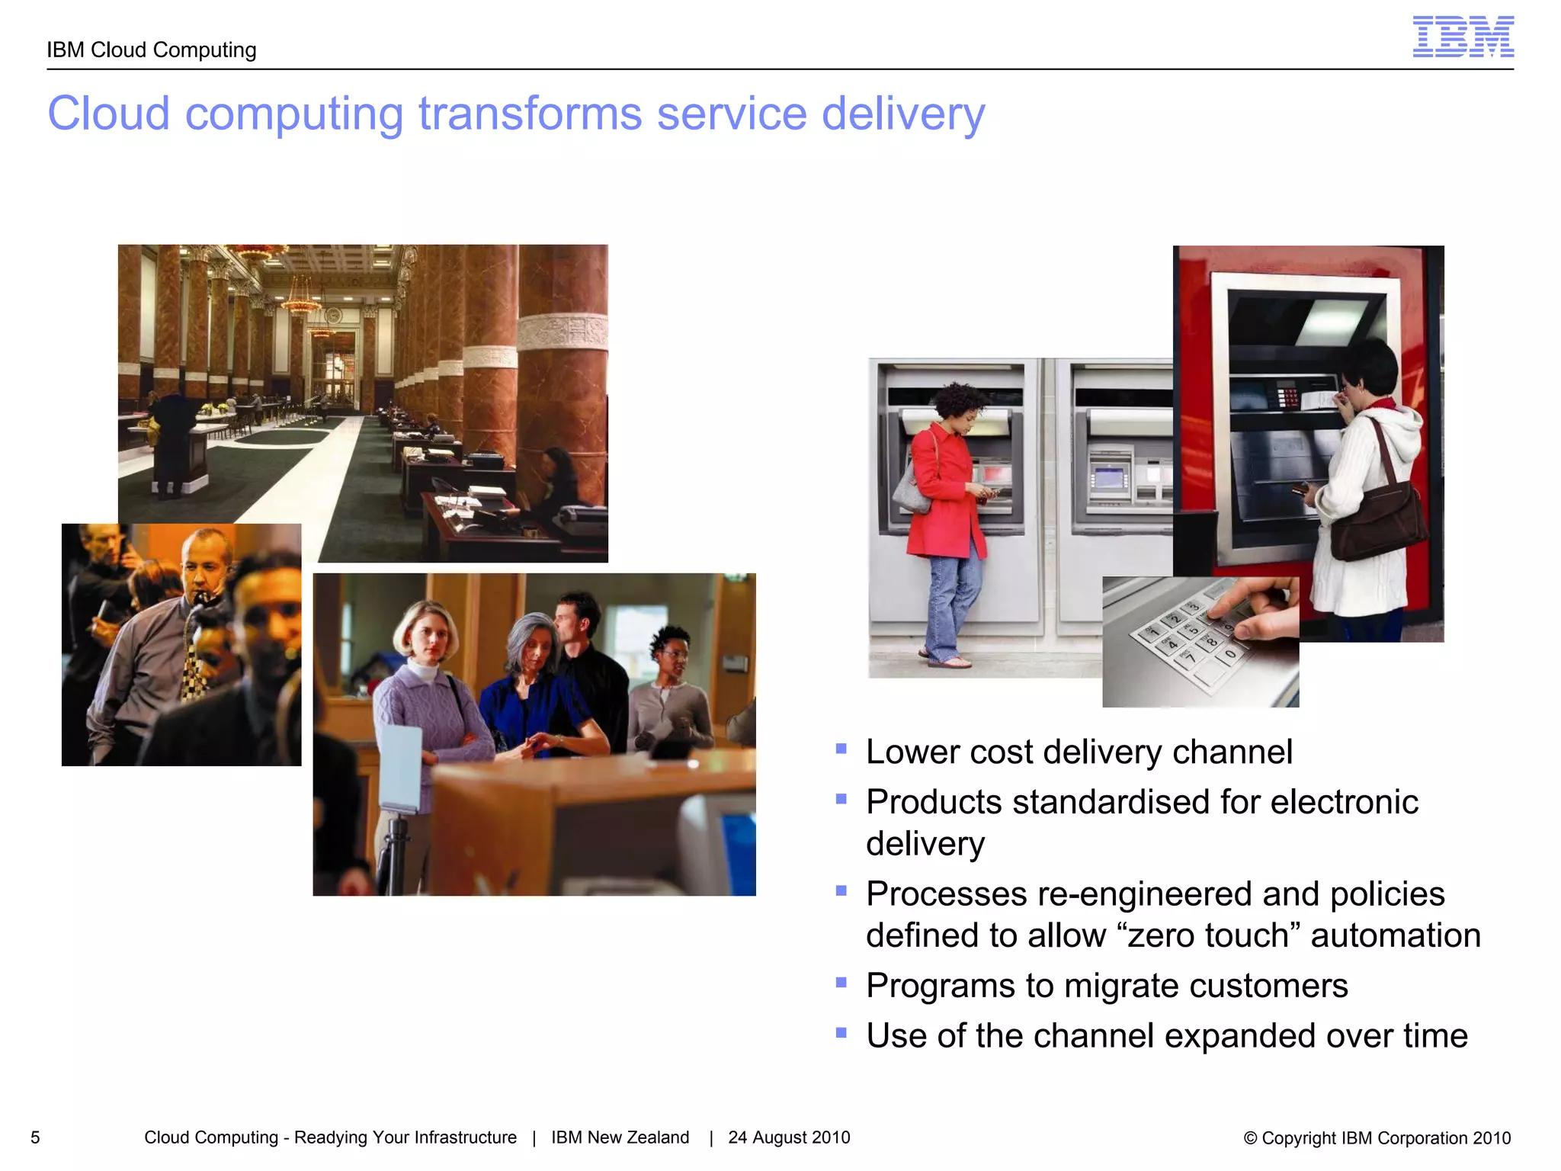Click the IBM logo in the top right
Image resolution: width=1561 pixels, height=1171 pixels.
click(x=1463, y=37)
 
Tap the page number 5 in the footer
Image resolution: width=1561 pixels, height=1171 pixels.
click(x=35, y=1137)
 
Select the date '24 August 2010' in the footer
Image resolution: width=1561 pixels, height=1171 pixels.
click(x=789, y=1137)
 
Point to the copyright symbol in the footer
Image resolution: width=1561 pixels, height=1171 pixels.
click(x=1250, y=1138)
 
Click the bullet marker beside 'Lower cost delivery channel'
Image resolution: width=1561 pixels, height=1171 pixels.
click(x=841, y=749)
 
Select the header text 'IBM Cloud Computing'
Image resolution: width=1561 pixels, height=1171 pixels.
click(x=151, y=50)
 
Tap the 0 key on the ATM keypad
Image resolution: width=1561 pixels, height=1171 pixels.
click(x=1229, y=653)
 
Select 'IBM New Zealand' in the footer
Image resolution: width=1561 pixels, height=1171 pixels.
click(x=620, y=1137)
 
